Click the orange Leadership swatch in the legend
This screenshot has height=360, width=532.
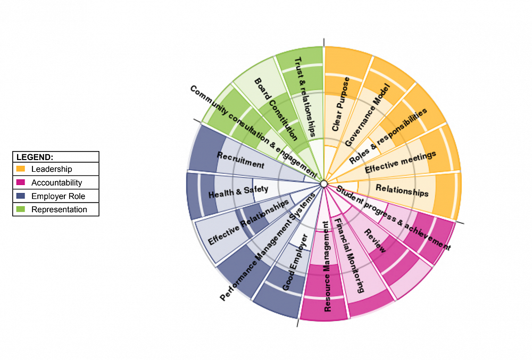click(21, 169)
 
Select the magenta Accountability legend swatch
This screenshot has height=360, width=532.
click(21, 182)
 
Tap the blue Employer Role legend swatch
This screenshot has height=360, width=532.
click(21, 196)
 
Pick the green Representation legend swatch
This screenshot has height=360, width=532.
click(21, 210)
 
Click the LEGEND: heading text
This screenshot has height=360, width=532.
click(35, 157)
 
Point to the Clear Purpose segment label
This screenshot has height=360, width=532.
click(340, 104)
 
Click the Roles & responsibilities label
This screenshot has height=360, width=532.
click(388, 136)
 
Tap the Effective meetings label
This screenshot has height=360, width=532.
click(401, 162)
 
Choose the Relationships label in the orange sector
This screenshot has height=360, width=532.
click(402, 190)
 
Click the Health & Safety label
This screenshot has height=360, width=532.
click(239, 192)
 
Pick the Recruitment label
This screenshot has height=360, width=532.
click(240, 160)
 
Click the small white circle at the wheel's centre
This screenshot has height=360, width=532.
click(323, 184)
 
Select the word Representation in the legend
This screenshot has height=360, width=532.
click(59, 210)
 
